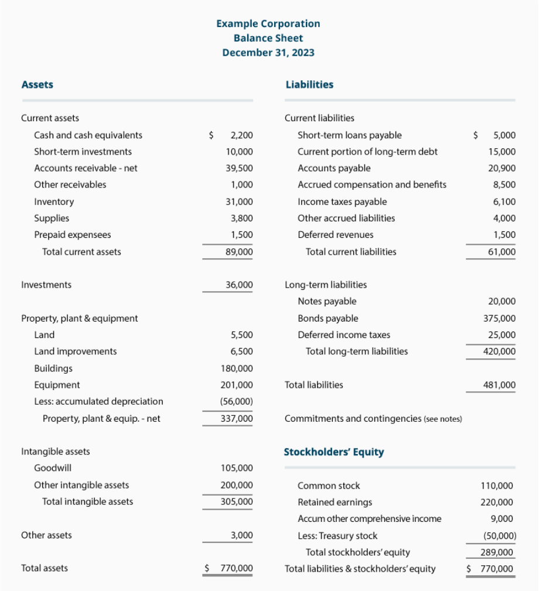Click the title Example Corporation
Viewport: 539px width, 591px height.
click(x=268, y=23)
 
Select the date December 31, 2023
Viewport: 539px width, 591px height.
click(x=268, y=52)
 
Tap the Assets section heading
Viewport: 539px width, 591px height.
click(x=37, y=84)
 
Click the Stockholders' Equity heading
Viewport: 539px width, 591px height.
click(x=333, y=452)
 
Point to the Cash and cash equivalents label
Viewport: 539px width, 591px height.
click(x=88, y=135)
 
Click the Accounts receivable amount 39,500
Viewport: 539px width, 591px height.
click(x=239, y=168)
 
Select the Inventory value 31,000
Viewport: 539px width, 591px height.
click(x=239, y=201)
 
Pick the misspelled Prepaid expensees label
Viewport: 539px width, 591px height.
click(x=72, y=235)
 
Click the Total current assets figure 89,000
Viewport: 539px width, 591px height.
click(x=239, y=252)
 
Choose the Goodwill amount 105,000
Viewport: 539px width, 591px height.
click(x=237, y=468)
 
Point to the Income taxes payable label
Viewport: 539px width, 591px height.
click(x=342, y=201)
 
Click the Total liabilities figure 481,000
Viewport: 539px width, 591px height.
click(x=500, y=385)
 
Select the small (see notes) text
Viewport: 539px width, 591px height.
click(x=442, y=419)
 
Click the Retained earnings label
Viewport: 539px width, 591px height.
click(x=335, y=502)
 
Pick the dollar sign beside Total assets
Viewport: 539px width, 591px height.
click(x=207, y=568)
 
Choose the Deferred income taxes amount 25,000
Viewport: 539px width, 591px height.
click(x=502, y=335)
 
